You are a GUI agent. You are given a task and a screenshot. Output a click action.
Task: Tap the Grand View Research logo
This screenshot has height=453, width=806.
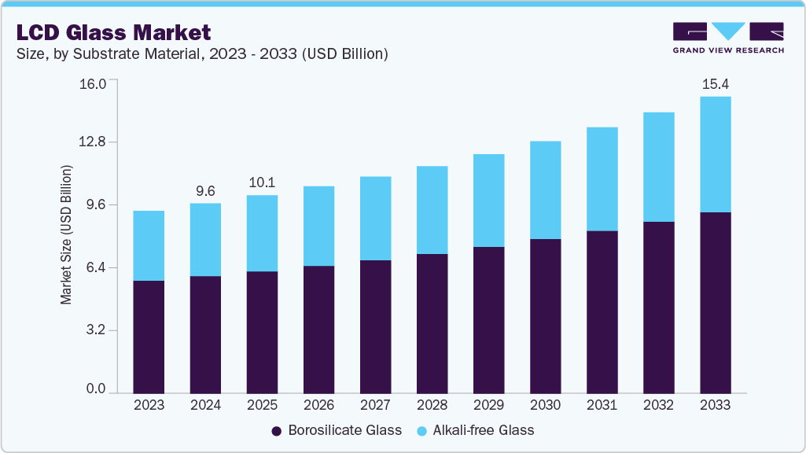(727, 37)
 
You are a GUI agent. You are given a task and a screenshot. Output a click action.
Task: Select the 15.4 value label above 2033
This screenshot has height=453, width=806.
(715, 84)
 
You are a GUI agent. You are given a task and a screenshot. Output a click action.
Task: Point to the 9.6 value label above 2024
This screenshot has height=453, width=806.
(205, 191)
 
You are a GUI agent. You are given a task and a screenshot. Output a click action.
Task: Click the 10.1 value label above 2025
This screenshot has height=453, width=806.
(262, 182)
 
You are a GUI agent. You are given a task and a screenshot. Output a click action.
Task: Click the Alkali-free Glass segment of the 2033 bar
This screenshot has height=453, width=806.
(715, 154)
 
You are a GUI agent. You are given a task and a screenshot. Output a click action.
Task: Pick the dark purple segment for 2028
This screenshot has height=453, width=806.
(432, 323)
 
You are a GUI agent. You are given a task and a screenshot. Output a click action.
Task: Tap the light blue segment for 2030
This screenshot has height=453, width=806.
(545, 190)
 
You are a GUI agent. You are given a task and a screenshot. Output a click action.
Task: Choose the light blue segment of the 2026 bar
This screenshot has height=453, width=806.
(318, 226)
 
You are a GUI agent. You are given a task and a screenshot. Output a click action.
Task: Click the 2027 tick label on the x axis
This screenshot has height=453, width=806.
(375, 406)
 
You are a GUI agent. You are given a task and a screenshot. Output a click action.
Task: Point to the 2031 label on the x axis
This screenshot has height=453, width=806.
(602, 406)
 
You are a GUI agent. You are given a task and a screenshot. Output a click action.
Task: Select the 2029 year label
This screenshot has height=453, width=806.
(488, 406)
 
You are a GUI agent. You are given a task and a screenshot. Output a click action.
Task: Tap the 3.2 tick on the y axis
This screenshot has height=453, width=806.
(95, 330)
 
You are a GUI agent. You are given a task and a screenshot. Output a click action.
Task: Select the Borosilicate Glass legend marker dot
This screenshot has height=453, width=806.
(276, 431)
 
